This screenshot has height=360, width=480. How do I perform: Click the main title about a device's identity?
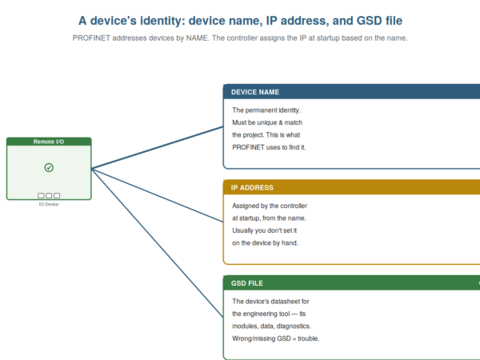240,21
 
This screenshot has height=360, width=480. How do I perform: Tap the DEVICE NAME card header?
351,92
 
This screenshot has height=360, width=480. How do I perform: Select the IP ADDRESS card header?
351,187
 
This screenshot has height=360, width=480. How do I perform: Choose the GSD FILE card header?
351,283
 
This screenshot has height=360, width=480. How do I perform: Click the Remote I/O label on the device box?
49,142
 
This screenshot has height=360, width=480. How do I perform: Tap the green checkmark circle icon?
49,167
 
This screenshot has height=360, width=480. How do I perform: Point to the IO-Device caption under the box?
49,204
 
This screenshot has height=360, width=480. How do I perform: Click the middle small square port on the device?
49,195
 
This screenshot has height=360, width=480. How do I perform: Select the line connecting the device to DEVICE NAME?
158,147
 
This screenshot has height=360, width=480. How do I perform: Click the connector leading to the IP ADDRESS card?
158,195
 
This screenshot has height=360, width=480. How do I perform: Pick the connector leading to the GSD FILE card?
158,243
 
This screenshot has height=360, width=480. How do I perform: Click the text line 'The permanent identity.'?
266,110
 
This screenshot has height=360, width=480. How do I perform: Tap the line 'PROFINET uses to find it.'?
269,147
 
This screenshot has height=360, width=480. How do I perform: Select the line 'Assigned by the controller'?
270,206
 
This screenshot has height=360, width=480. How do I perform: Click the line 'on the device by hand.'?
265,242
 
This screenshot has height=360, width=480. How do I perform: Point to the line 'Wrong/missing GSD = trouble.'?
275,338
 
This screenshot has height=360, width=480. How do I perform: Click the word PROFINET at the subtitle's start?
91,38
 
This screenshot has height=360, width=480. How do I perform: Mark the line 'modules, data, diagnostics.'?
271,326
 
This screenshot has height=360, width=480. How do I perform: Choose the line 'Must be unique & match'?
267,122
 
